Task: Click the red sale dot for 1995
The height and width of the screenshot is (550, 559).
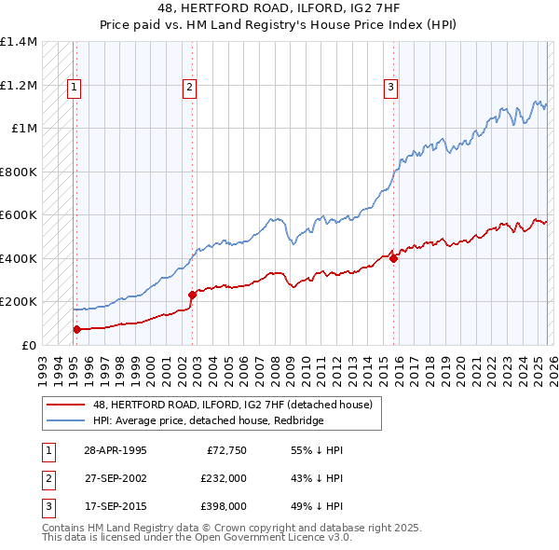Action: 76,329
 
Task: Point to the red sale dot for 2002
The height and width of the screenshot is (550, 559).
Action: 192,295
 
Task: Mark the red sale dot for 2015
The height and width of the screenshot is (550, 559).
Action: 393,258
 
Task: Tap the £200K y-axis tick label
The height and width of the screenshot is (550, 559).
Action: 19,302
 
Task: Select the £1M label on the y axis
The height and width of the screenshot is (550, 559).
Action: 24,129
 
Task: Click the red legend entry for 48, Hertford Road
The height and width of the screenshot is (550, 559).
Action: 233,405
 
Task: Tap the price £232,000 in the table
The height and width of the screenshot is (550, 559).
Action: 224,477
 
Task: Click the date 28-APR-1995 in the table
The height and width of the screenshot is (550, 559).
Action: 115,449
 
